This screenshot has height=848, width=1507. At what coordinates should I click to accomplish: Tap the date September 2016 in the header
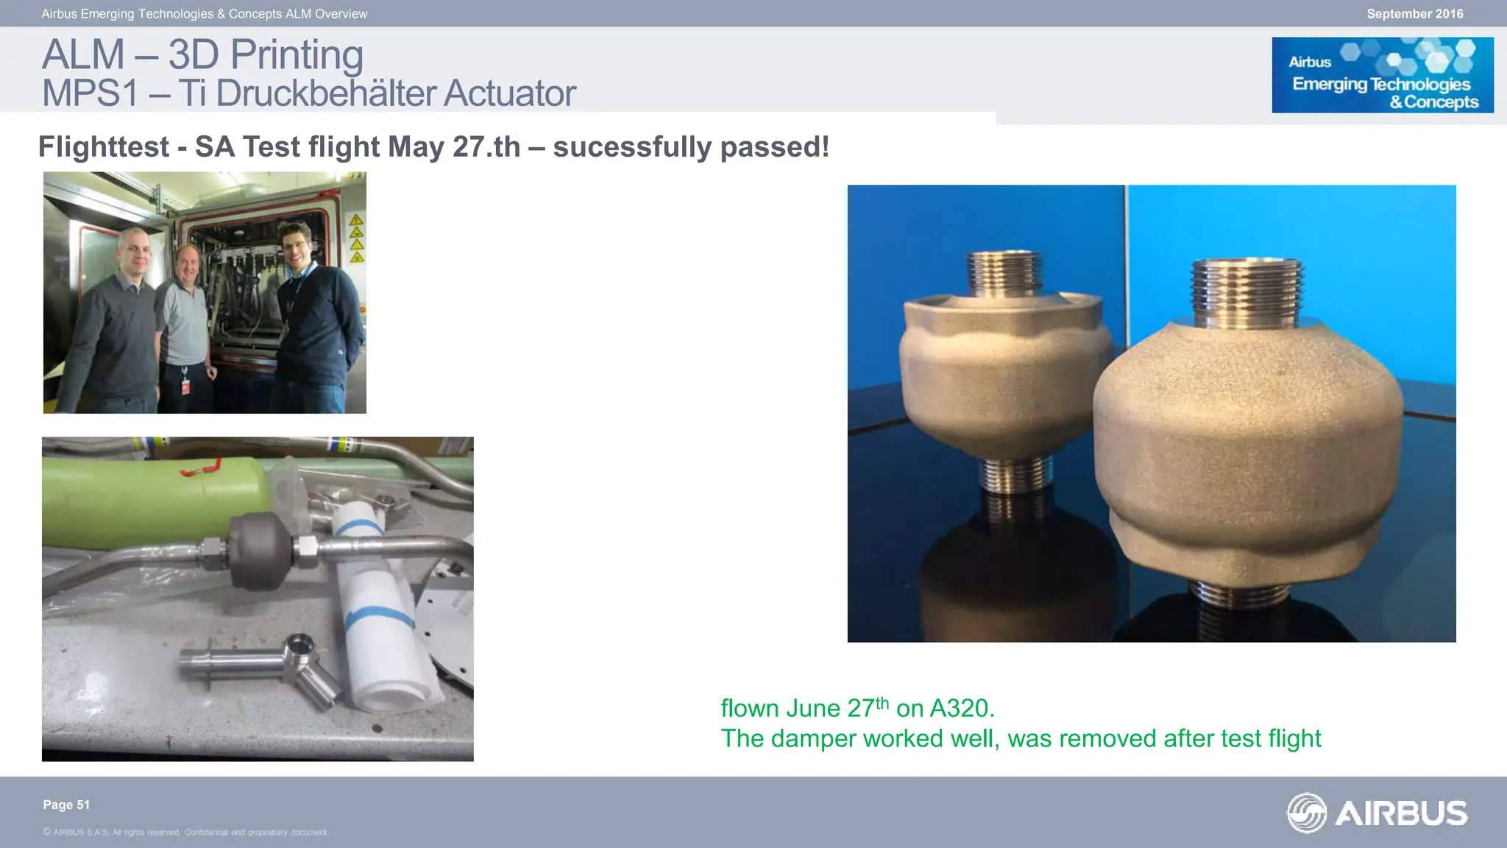click(x=1414, y=14)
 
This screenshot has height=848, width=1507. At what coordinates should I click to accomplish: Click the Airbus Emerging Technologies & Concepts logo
click(x=1382, y=75)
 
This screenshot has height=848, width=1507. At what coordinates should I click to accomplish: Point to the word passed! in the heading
click(x=774, y=146)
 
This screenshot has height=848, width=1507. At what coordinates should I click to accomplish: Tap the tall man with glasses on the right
click(x=316, y=309)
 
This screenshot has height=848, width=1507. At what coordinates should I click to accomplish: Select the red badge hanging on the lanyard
click(x=185, y=386)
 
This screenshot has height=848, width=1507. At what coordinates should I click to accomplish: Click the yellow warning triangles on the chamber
click(x=356, y=239)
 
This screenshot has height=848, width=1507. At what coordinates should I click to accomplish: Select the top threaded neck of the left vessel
click(x=1002, y=273)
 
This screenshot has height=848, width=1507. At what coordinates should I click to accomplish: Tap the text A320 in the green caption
click(x=962, y=708)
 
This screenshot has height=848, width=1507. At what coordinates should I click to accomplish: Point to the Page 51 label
click(x=66, y=805)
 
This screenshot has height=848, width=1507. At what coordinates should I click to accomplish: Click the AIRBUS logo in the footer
click(x=1377, y=813)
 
